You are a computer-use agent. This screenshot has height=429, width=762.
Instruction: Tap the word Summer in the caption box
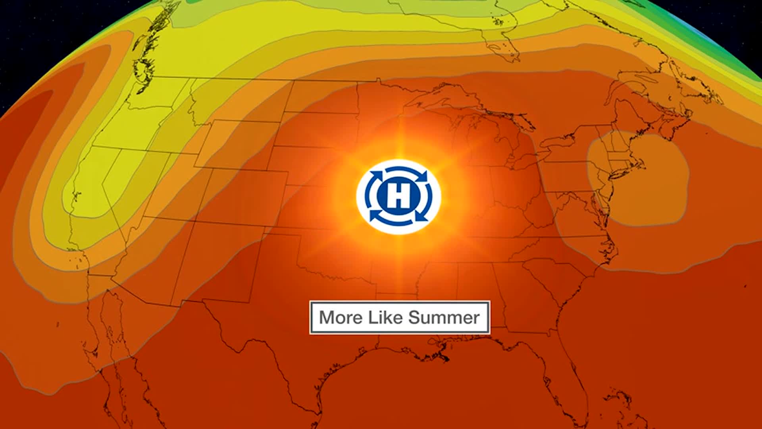(444, 318)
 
